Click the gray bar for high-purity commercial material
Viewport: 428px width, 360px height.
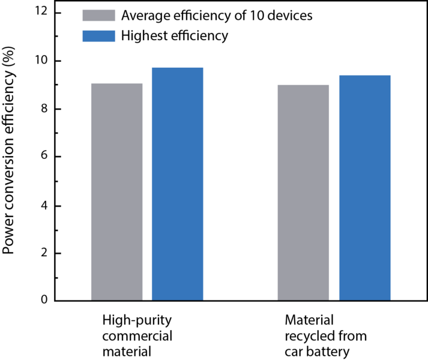click(116, 192)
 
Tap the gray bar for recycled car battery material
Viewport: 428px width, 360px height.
click(304, 193)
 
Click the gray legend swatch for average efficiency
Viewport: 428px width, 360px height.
click(98, 16)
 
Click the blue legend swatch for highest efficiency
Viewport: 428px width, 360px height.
click(98, 36)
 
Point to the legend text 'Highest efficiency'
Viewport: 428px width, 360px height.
click(175, 36)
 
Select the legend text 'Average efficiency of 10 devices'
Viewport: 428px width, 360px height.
click(217, 16)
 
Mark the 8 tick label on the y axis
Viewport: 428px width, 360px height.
click(44, 109)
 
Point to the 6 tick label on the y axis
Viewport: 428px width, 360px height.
click(44, 157)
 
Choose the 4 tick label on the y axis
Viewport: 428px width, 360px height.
click(44, 205)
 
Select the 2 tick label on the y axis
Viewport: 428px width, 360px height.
click(44, 253)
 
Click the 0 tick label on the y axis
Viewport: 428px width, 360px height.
click(44, 301)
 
